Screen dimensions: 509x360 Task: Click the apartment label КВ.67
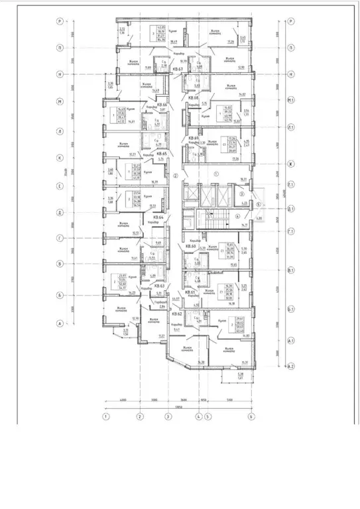pos(177,69)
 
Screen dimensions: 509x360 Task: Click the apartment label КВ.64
pos(159,217)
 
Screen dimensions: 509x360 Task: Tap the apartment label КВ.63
pos(160,286)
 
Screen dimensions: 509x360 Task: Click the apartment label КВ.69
pos(194,138)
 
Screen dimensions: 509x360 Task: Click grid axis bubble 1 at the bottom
pos(105,416)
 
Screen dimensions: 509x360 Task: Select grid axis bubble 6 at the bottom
pos(251,416)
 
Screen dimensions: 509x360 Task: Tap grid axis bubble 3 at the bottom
pos(168,416)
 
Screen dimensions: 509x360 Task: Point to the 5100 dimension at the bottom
pos(229,400)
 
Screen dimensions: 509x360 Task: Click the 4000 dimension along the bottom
pos(122,400)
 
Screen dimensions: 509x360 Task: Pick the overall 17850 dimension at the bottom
pos(178,406)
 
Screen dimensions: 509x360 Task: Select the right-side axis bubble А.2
pos(290,366)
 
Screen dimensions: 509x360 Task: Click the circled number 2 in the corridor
pos(175,176)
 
